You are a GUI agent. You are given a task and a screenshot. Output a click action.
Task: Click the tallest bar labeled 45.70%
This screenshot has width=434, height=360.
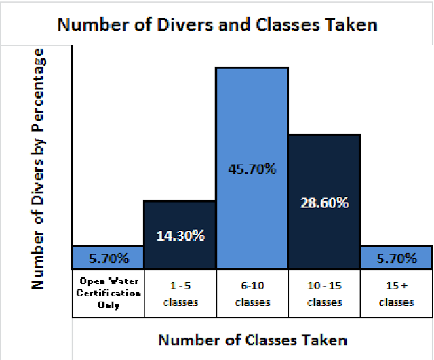(252, 122)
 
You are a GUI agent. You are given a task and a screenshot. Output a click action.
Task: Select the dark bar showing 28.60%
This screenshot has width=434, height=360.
(323, 163)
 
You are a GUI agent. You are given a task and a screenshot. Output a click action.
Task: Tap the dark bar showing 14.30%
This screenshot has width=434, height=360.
(180, 217)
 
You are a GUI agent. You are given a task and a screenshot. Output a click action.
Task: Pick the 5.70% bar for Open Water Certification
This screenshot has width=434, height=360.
(108, 257)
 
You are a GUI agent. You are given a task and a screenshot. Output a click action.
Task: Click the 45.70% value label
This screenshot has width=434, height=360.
(252, 168)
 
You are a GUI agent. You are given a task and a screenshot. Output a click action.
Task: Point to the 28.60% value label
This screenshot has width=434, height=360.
(323, 203)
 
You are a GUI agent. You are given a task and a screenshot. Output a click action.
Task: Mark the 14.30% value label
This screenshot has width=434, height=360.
(180, 236)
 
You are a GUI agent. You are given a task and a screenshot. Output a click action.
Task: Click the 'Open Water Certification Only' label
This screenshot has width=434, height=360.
(108, 293)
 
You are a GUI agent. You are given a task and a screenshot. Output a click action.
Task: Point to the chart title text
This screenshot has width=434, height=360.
(217, 25)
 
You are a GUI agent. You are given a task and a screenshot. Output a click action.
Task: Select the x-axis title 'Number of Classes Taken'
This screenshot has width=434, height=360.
(252, 339)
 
